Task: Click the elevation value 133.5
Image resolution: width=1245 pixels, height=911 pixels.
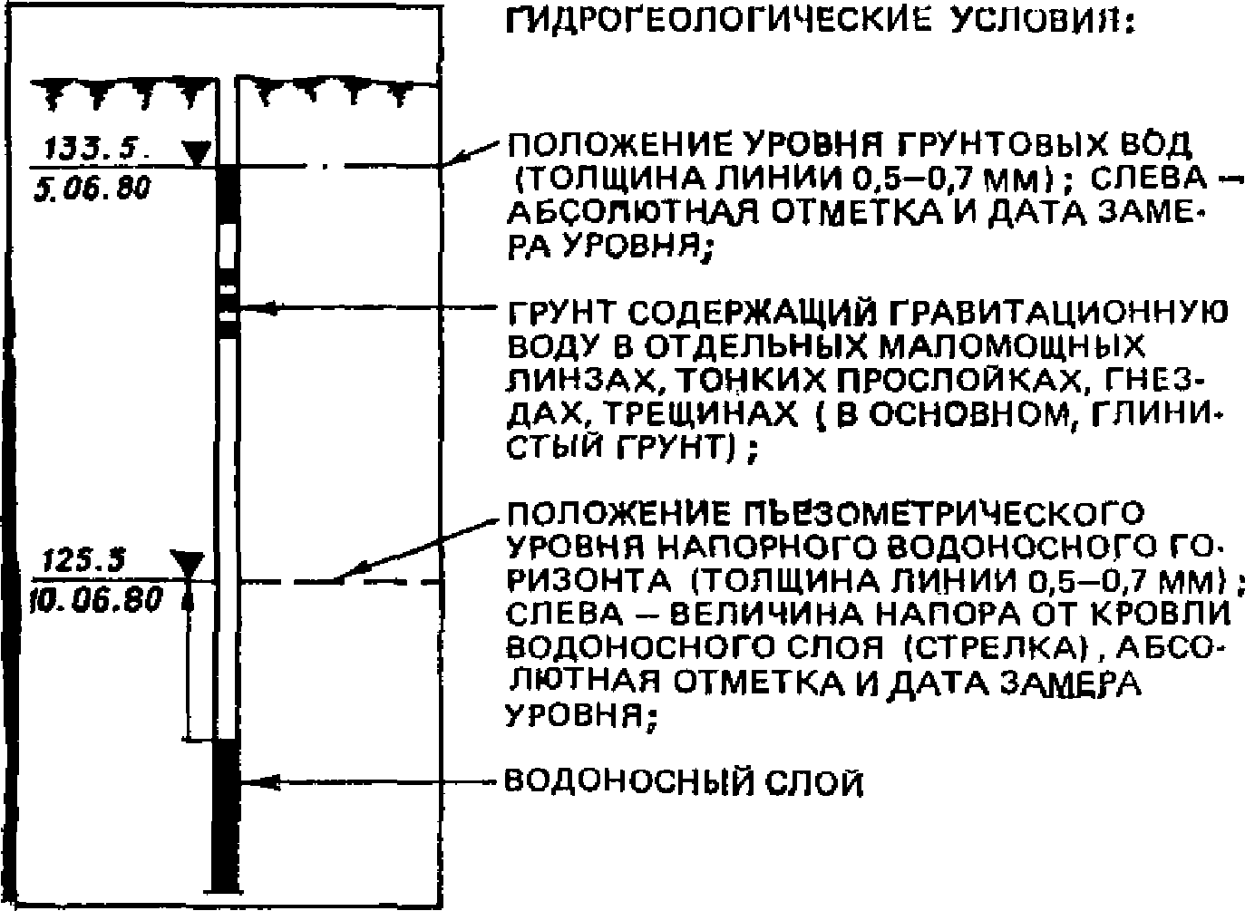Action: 89,146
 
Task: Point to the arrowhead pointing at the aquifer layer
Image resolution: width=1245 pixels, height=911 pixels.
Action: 252,780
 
